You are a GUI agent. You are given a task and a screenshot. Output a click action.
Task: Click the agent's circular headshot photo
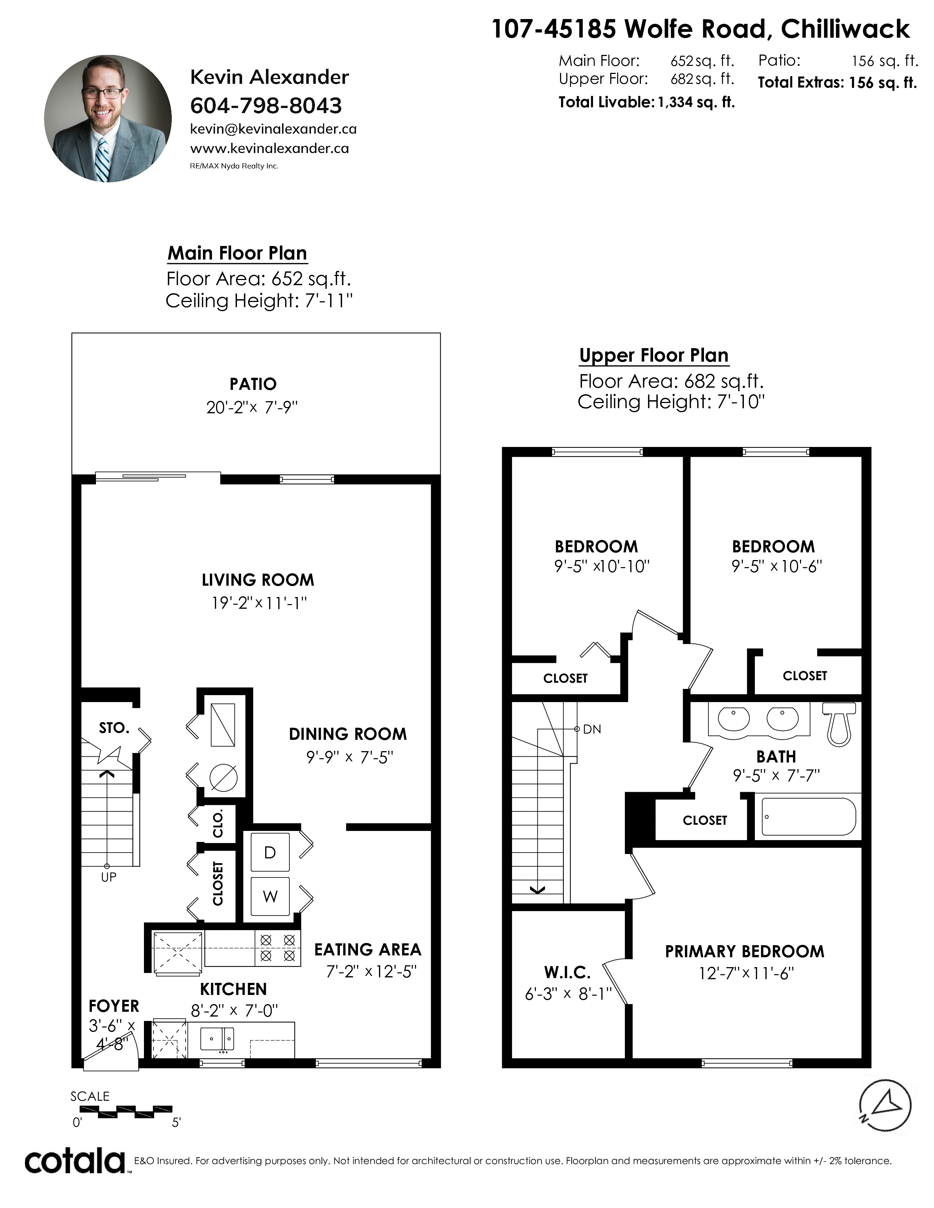[108, 118]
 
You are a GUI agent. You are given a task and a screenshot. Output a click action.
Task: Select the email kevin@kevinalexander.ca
[273, 129]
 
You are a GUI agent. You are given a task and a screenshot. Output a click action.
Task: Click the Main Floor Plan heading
[237, 253]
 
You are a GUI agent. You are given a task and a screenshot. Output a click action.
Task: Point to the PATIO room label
[253, 384]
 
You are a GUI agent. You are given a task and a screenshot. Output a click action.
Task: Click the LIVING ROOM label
[258, 580]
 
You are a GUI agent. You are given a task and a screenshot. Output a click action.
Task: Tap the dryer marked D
[270, 852]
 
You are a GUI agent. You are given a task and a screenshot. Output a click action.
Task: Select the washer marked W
[270, 896]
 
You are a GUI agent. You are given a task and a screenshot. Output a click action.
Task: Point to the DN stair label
[592, 729]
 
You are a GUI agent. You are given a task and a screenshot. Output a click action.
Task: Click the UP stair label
[108, 877]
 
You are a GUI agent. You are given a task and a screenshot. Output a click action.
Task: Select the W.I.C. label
[567, 972]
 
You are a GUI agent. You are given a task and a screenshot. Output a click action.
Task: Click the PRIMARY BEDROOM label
[745, 951]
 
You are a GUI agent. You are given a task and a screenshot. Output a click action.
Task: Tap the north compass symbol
[885, 1106]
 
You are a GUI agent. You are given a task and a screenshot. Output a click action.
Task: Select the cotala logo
[75, 1161]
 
